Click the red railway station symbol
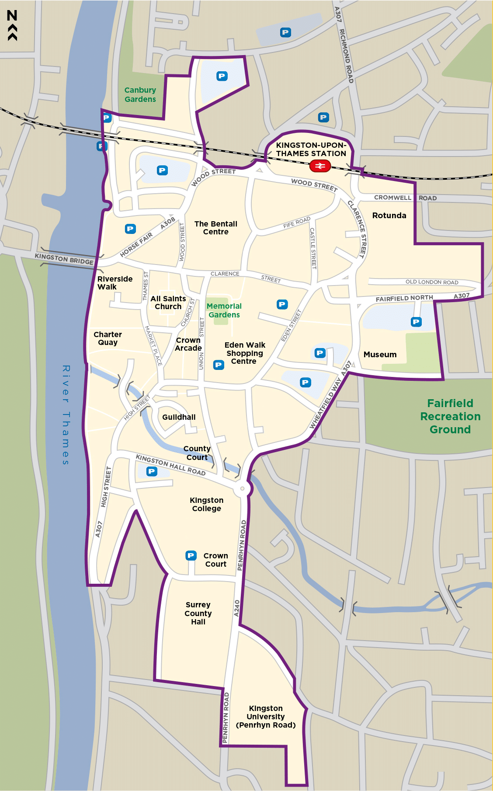pyautogui.click(x=320, y=166)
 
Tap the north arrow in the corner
pyautogui.click(x=12, y=25)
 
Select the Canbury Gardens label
pyautogui.click(x=140, y=94)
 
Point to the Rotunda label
pyautogui.click(x=389, y=215)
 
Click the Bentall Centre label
pyautogui.click(x=215, y=227)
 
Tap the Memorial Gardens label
pyautogui.click(x=224, y=310)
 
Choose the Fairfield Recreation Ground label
pyautogui.click(x=450, y=416)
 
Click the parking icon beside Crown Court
pyautogui.click(x=191, y=555)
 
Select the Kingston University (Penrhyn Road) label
pyautogui.click(x=266, y=717)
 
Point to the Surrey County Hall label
pyautogui.click(x=198, y=613)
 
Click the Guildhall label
pyautogui.click(x=179, y=417)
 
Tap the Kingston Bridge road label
pyautogui.click(x=64, y=259)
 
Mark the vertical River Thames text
pyautogui.click(x=66, y=415)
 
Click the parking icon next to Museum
pyautogui.click(x=416, y=322)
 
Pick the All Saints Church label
pyautogui.click(x=168, y=303)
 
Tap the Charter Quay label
pyautogui.click(x=108, y=338)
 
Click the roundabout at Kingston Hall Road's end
pyautogui.click(x=242, y=488)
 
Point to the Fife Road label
pyautogui.click(x=297, y=222)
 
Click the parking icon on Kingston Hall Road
pyautogui.click(x=152, y=471)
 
